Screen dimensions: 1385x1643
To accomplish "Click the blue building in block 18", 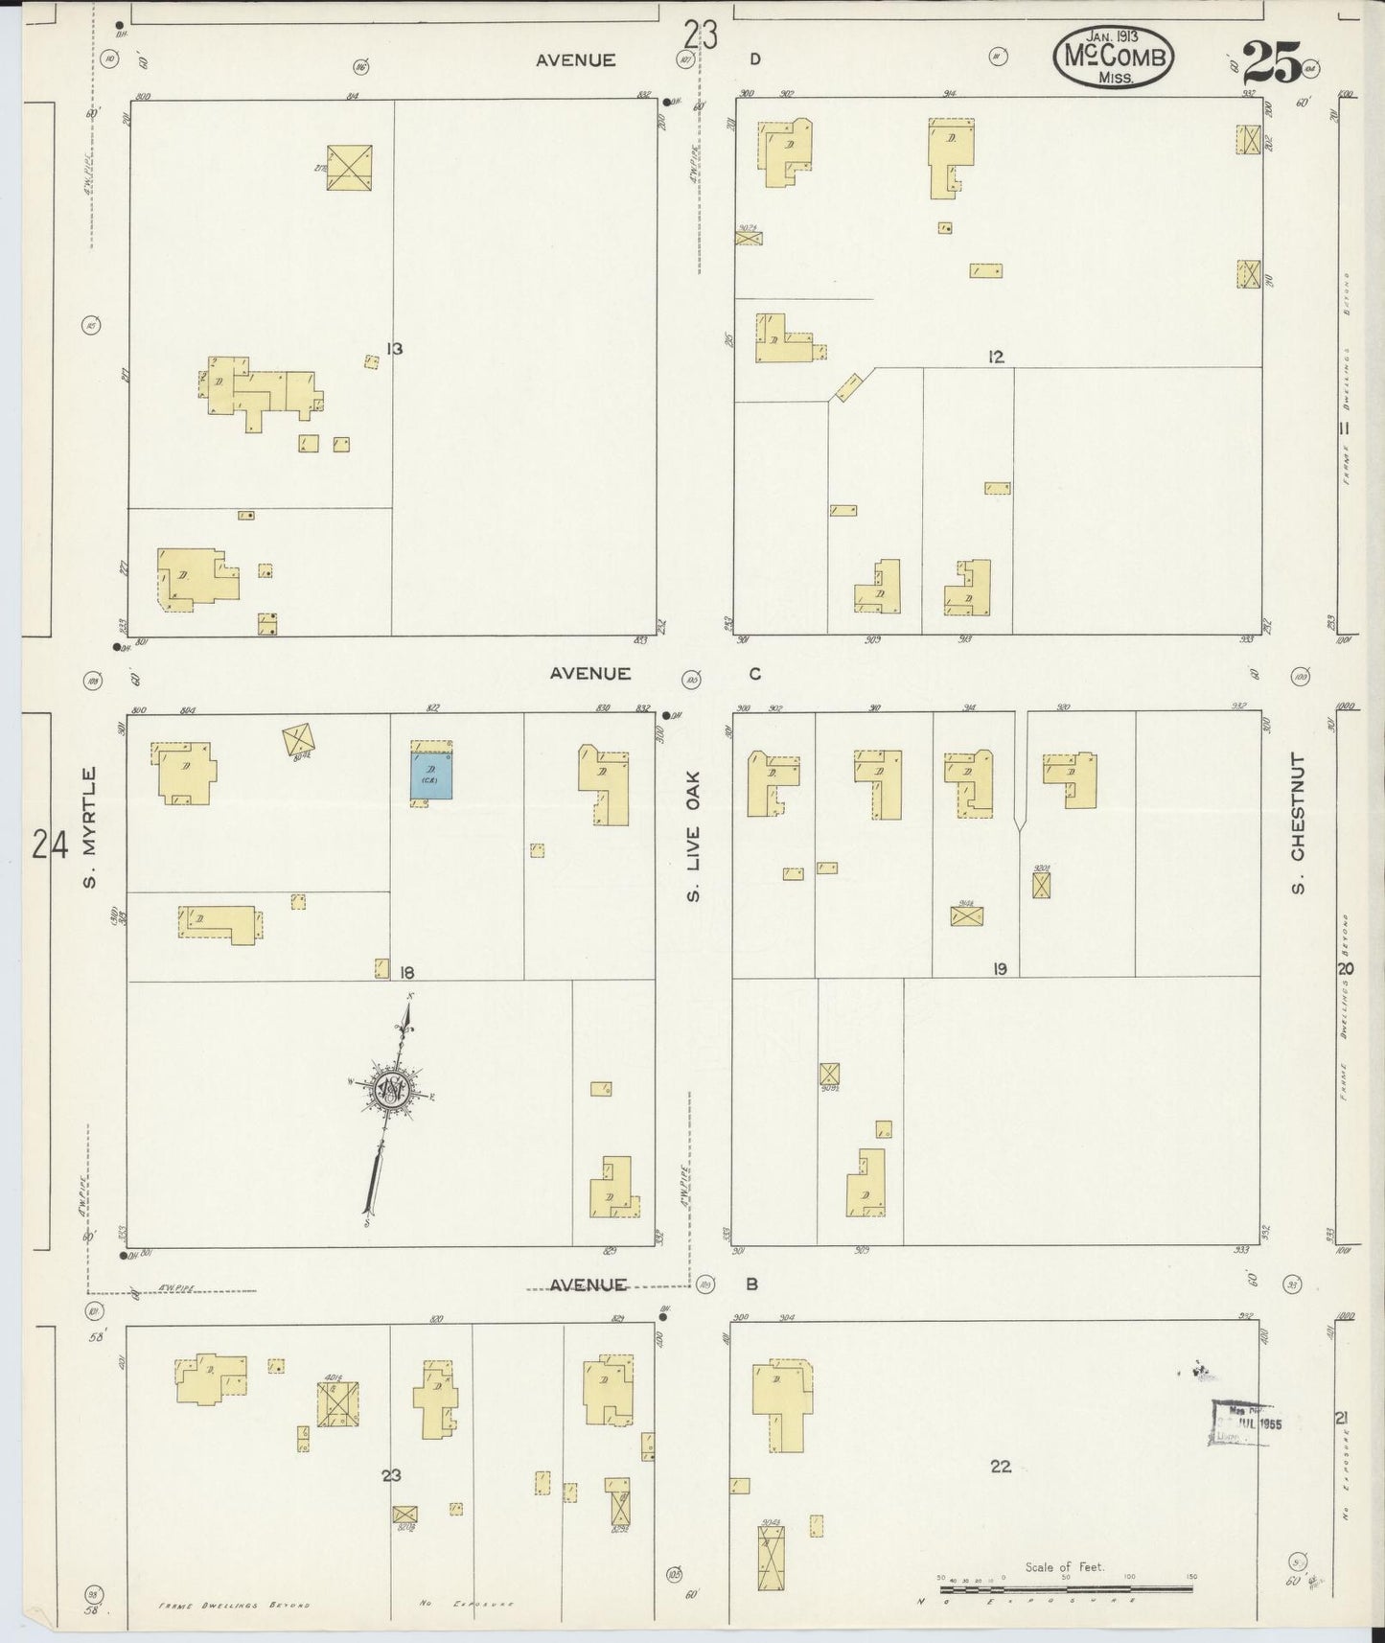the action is tap(431, 775).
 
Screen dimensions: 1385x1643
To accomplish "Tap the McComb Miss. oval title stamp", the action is tap(1114, 57).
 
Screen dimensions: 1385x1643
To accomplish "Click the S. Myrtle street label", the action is tap(89, 826).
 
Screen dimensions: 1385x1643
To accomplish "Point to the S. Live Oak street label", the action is tap(694, 836).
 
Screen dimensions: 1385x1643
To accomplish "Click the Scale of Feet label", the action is tap(1064, 1566).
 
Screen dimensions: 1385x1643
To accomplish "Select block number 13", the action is tap(393, 349).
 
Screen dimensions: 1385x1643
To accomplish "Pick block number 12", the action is tap(996, 357).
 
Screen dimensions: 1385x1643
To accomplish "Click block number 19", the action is tap(1000, 970).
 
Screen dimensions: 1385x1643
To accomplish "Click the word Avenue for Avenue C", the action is tap(589, 674).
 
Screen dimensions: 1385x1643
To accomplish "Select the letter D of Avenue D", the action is tap(755, 59).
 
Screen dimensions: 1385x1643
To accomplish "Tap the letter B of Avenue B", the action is tap(752, 1284).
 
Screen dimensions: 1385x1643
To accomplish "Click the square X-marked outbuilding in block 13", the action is tap(349, 168).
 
